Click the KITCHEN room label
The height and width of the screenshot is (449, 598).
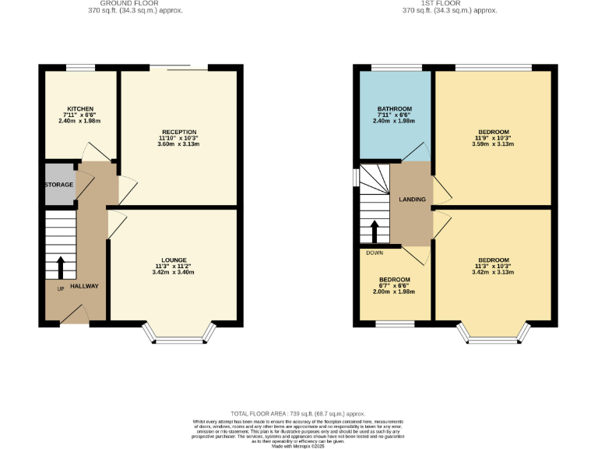click(80, 108)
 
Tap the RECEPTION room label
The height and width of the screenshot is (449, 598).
click(178, 132)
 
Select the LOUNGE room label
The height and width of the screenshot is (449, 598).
click(174, 260)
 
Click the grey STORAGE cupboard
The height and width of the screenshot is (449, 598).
click(59, 185)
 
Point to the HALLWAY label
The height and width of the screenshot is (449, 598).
click(84, 286)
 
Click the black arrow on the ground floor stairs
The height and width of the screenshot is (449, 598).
click(61, 265)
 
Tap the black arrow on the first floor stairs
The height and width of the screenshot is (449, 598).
click(375, 231)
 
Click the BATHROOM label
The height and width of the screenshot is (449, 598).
click(394, 108)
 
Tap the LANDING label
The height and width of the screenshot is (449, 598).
click(412, 200)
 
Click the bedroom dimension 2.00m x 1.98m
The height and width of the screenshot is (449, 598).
click(394, 292)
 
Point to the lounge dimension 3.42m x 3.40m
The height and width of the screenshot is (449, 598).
click(174, 273)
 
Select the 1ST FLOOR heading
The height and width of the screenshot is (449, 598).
click(448, 4)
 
